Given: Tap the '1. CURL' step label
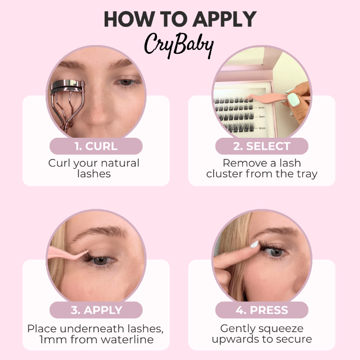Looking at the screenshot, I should coord(96,146).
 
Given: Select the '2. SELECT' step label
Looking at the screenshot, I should coord(262,146).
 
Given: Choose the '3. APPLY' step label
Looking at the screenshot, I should coord(96,310).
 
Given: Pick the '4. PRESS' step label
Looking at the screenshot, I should coord(262,310).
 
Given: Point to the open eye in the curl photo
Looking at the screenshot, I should coord(126,82).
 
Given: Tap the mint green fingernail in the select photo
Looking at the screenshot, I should coord(293,99).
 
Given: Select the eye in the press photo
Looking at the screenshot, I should coord(277,251).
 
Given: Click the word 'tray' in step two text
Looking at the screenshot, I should coord(305,174).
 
